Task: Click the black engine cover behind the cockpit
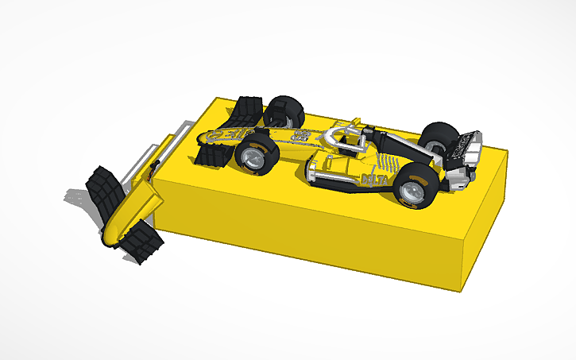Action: pos(397,147)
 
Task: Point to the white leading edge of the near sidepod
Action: pos(315,169)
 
